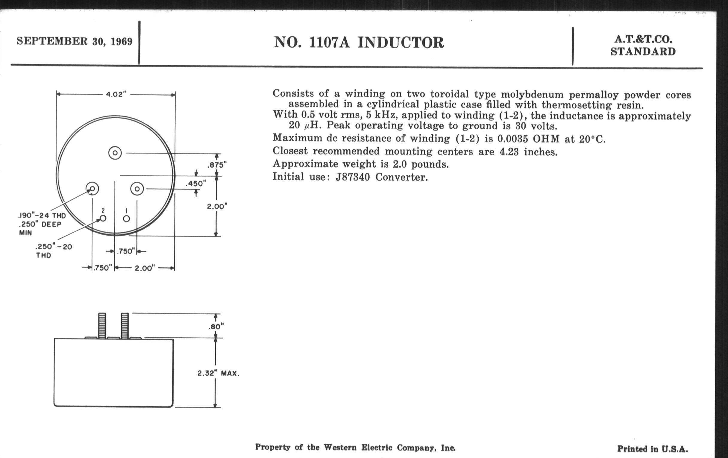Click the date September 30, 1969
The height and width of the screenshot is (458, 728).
click(x=74, y=41)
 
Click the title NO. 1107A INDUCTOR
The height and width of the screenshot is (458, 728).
click(x=359, y=43)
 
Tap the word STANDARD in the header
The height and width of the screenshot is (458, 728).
click(x=643, y=52)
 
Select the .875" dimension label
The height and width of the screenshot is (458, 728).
click(x=217, y=165)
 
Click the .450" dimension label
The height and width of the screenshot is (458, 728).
click(x=195, y=183)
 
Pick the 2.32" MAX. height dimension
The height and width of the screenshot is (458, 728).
click(x=218, y=373)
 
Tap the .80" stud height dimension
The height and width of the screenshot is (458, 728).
click(x=216, y=327)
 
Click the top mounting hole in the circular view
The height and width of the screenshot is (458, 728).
click(x=115, y=153)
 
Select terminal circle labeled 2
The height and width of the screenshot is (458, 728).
click(x=103, y=218)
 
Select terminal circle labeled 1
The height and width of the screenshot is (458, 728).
click(x=126, y=219)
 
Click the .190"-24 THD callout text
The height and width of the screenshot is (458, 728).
click(x=42, y=216)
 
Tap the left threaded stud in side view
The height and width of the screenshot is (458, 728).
click(x=102, y=326)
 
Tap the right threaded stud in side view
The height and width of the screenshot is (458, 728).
click(x=125, y=326)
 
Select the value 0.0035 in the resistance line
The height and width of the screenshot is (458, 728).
click(x=513, y=139)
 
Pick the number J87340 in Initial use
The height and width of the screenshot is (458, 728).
click(x=353, y=177)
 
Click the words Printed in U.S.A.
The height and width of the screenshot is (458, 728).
click(x=653, y=449)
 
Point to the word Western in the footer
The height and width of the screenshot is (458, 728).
click(x=340, y=448)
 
